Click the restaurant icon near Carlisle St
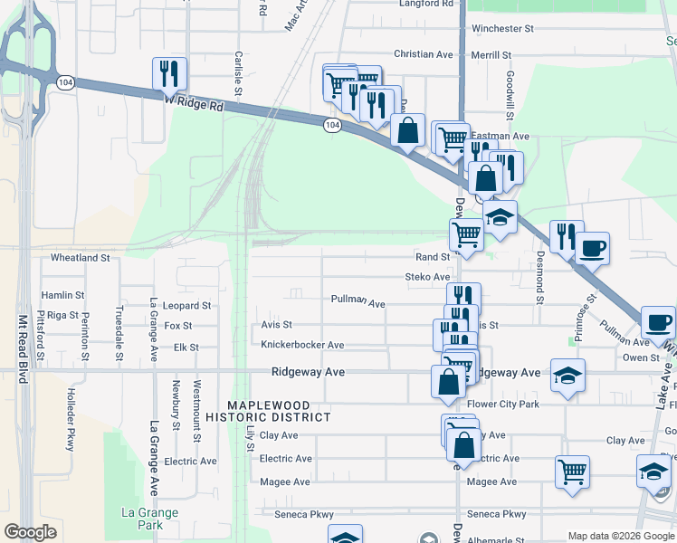point(169,73)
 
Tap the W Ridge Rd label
point(194,104)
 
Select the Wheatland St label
point(80,258)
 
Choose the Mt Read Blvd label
point(22,348)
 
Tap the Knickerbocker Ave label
point(302,345)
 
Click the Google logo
point(30,532)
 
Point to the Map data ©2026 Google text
point(621,536)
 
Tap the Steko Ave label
point(427,277)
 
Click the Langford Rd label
point(426,5)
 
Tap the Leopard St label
point(187,306)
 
